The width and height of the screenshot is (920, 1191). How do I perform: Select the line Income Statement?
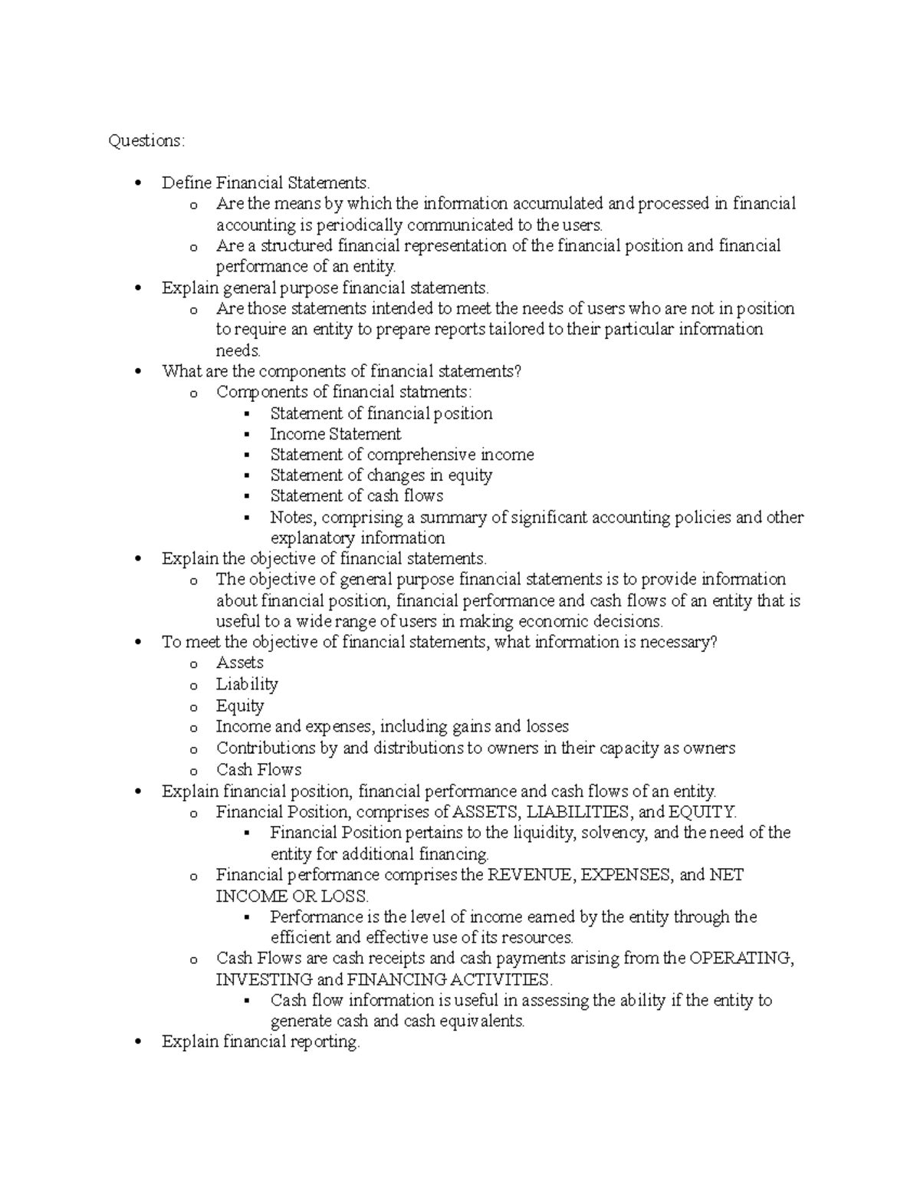pos(335,434)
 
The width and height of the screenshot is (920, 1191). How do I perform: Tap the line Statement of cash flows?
pos(356,496)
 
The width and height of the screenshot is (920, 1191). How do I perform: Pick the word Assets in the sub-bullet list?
pos(239,663)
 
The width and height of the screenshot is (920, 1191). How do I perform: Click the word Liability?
pos(246,684)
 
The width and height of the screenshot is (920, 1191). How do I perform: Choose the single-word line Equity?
pos(239,706)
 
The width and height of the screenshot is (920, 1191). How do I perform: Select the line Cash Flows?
pos(258,770)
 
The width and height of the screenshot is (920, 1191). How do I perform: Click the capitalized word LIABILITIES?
pos(574,812)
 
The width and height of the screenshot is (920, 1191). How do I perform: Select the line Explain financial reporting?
pos(260,1042)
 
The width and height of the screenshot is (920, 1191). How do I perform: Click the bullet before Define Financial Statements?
pos(138,183)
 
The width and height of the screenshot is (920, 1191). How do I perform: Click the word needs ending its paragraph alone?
pos(238,351)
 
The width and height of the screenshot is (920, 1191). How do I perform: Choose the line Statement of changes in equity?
pos(381,475)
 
